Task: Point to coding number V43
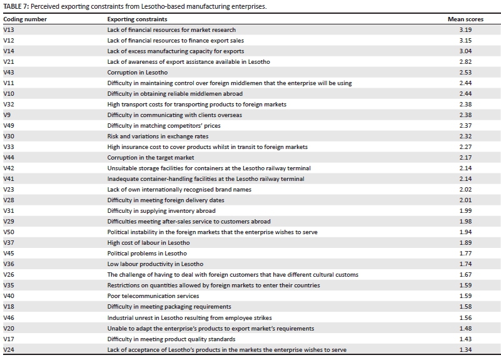pyautogui.click(x=9, y=72)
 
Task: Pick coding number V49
pyautogui.click(x=9, y=125)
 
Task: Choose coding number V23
pyautogui.click(x=9, y=189)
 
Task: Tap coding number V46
pyautogui.click(x=9, y=317)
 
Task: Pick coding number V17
pyautogui.click(x=9, y=338)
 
